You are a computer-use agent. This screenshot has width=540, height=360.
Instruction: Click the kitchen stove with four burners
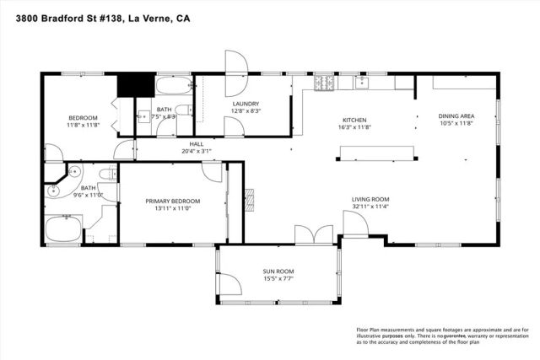point(324,83)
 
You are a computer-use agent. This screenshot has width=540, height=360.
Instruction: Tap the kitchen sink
point(364,83)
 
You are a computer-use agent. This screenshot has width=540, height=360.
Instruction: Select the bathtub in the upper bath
point(172,85)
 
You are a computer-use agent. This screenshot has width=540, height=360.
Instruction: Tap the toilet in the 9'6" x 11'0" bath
point(106,175)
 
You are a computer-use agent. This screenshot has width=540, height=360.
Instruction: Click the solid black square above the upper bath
point(133,84)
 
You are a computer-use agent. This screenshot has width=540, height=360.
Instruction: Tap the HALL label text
point(197,144)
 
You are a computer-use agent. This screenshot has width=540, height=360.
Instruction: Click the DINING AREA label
point(456,116)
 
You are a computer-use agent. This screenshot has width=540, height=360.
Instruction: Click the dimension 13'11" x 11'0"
point(172,208)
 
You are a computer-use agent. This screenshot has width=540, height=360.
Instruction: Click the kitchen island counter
point(377,151)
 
